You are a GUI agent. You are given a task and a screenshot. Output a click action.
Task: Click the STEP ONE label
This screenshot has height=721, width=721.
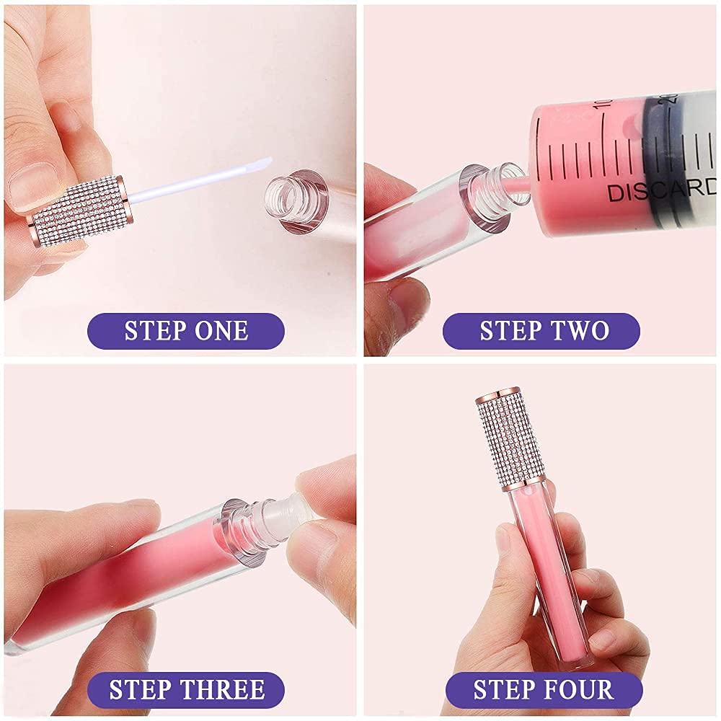186,331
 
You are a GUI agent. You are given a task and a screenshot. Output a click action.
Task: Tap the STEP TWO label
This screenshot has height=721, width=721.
544,331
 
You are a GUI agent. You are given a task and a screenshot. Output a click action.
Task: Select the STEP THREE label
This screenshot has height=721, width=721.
186,690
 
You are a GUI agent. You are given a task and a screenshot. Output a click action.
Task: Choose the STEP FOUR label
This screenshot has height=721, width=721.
544,690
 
